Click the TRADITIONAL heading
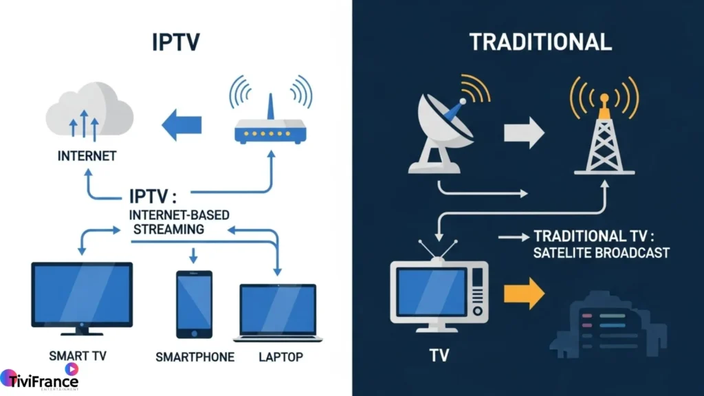(540, 42)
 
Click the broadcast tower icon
(604, 131)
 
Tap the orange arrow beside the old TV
(523, 294)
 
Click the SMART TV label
(78, 356)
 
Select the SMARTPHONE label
(195, 357)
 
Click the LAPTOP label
(280, 357)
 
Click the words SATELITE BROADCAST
(602, 253)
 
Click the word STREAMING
(169, 229)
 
